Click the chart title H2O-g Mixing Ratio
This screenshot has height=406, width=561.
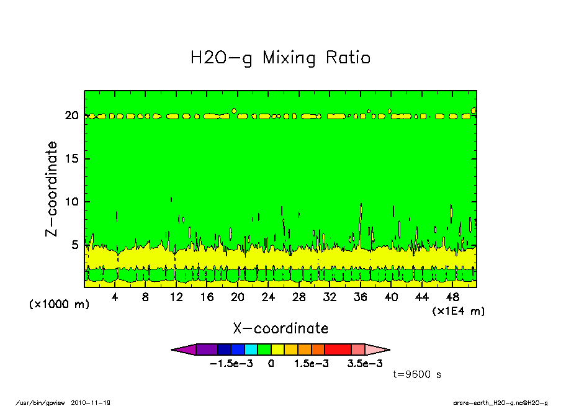280,58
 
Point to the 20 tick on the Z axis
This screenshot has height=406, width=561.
71,115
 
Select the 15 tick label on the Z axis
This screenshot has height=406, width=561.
72,158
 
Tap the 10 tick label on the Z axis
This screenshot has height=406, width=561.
72,202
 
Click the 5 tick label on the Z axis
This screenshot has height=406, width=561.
74,245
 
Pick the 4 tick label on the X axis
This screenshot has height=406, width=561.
115,297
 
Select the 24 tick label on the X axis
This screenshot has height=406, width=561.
268,297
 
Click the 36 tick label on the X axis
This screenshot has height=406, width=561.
361,297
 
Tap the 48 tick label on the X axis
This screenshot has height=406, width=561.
452,297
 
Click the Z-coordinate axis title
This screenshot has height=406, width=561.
52,189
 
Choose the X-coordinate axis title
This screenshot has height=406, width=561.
280,328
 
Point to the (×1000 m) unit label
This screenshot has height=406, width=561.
59,304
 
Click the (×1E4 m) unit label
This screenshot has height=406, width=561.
459,311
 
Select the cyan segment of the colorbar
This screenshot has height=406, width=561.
251,350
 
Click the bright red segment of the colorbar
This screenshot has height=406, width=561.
338,350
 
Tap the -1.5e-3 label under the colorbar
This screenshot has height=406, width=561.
231,364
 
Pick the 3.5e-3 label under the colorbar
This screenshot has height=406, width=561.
364,364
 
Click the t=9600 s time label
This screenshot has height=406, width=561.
417,374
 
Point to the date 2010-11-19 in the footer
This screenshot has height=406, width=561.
91,403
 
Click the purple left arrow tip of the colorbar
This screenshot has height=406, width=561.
173,350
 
